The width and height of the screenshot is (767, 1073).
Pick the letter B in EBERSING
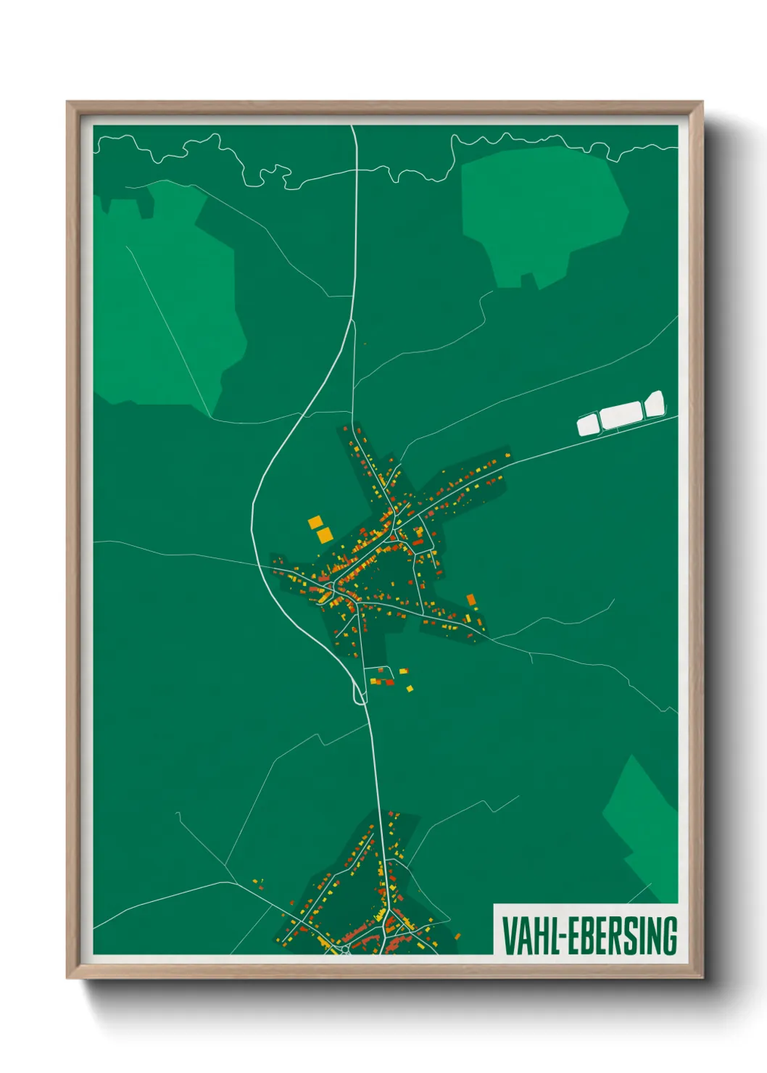click(586, 935)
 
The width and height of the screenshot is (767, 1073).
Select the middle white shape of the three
click(621, 415)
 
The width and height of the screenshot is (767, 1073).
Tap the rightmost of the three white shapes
click(654, 404)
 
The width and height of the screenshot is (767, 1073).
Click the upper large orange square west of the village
click(315, 521)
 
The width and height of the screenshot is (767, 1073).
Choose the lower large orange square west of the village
click(324, 535)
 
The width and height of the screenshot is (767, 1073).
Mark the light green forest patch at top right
click(542, 214)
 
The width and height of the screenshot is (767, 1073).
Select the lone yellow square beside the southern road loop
click(410, 688)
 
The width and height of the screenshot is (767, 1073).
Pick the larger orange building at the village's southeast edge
click(470, 600)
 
